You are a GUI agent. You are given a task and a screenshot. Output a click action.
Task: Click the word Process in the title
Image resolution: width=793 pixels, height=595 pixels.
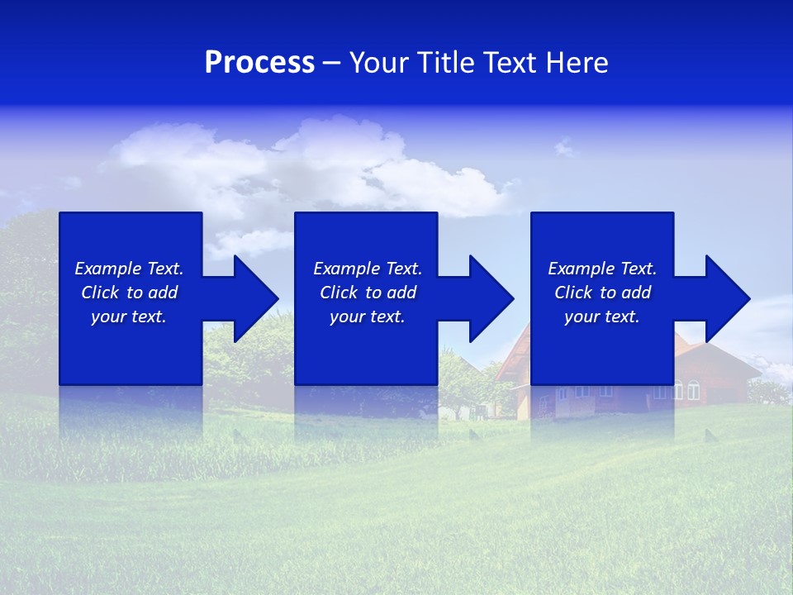(x=259, y=63)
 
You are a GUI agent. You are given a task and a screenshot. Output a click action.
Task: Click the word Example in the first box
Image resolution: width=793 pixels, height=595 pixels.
(x=108, y=269)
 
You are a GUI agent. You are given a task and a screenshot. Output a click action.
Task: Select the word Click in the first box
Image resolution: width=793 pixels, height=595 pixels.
(x=101, y=293)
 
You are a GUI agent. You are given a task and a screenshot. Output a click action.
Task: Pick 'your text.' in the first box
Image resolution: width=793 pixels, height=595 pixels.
(x=129, y=317)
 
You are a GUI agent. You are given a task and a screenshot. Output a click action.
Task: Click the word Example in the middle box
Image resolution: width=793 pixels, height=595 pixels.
(x=347, y=269)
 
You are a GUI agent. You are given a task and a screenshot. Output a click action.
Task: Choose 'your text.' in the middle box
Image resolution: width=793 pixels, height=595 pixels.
(x=367, y=317)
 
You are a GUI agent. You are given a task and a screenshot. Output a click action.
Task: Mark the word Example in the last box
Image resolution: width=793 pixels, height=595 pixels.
(x=582, y=269)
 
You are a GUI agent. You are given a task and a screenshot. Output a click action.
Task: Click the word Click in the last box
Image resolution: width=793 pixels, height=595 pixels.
(x=574, y=293)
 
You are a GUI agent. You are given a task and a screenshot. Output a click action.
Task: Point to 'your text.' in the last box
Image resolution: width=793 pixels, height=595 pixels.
(x=602, y=317)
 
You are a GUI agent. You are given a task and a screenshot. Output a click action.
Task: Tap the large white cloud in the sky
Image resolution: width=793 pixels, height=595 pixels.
(x=314, y=161)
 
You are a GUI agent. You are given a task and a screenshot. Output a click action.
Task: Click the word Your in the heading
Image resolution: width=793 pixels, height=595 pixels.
(x=381, y=63)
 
